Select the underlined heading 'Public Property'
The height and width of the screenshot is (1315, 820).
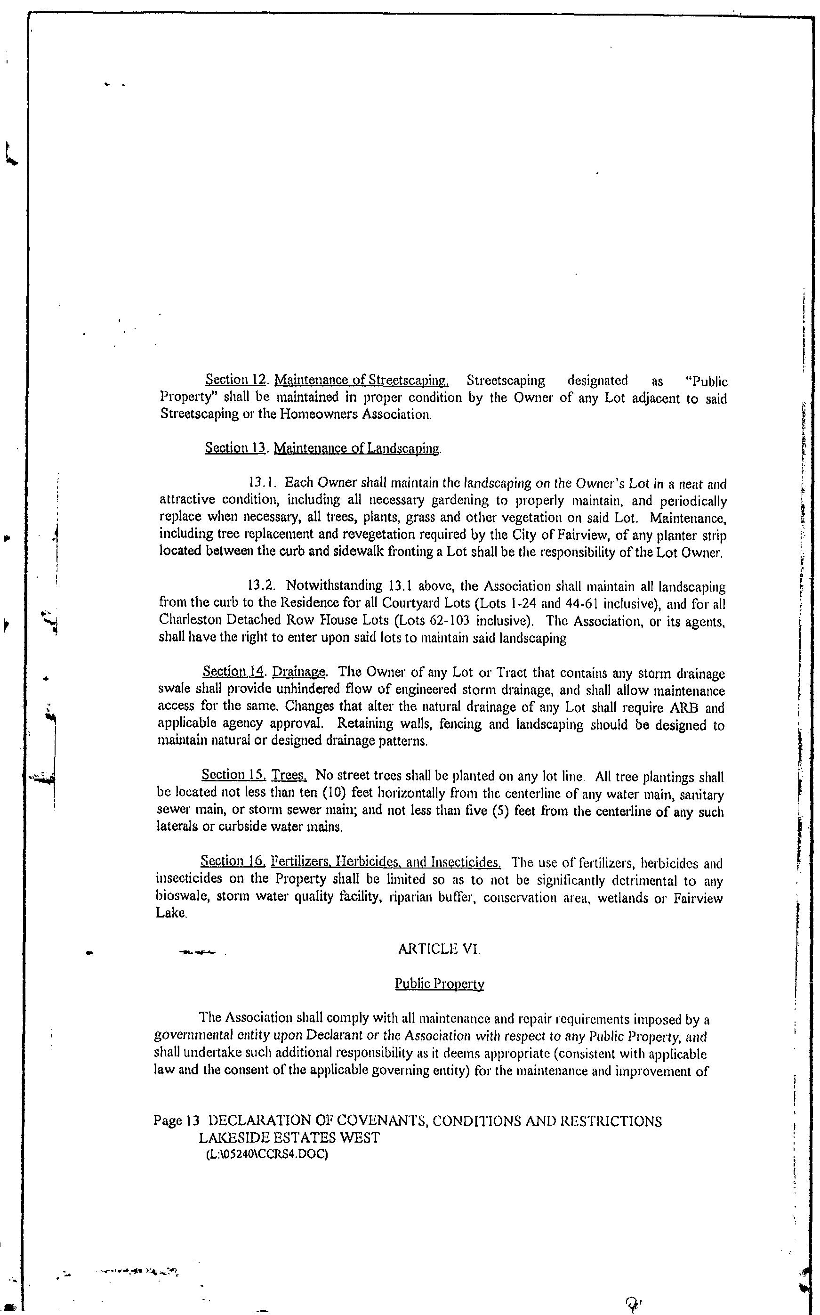[439, 983]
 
